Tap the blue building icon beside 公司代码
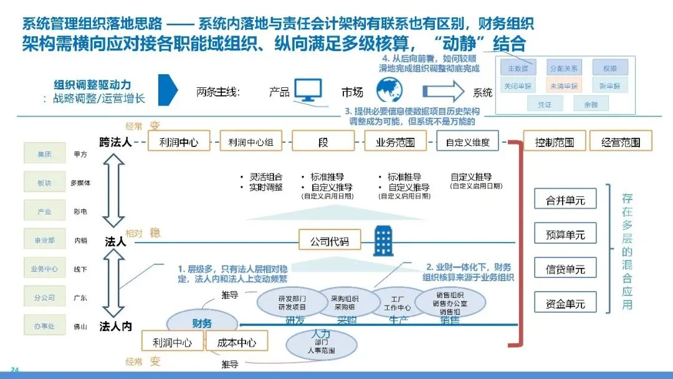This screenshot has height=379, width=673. coord(382,241)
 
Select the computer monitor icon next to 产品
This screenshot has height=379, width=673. coord(308,91)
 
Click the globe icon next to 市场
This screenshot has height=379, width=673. coord(391,90)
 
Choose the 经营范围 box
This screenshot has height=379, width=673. coord(620,142)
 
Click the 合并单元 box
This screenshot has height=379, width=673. coord(565,200)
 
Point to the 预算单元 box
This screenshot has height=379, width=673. coord(565,234)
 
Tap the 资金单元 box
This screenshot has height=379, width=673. coord(565,304)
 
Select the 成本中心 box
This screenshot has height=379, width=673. coord(236,342)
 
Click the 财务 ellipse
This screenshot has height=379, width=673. coord(202,324)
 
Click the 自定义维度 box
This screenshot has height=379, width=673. coord(467,142)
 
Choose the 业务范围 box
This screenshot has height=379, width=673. coord(394,142)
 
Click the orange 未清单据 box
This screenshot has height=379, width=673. coord(561,85)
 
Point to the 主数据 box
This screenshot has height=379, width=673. coord(518,68)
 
